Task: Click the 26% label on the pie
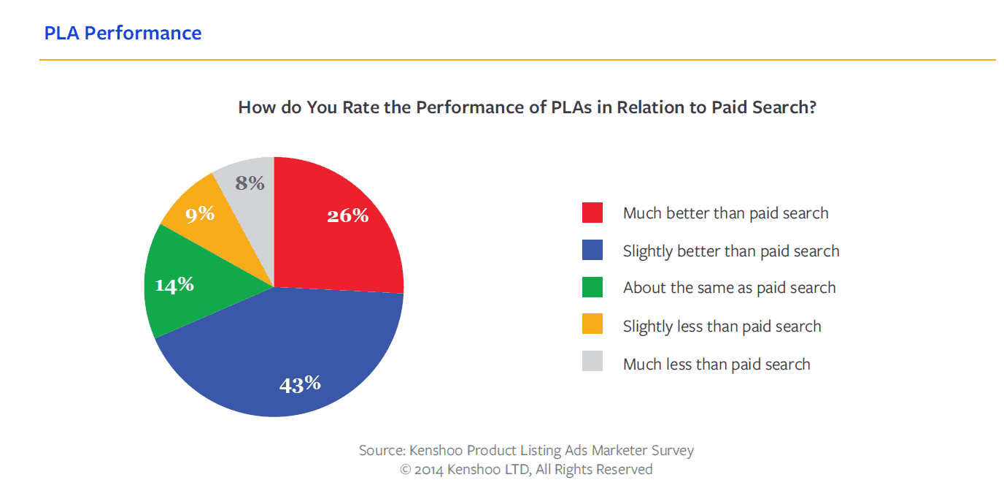click(347, 215)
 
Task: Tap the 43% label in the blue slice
click(300, 384)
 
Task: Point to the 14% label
click(174, 285)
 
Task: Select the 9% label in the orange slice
click(200, 213)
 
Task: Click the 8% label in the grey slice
click(250, 183)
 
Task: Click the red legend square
click(592, 213)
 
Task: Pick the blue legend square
click(592, 251)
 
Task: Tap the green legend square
click(592, 288)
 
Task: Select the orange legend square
click(592, 326)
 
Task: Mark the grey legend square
click(592, 364)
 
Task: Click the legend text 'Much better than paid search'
click(725, 213)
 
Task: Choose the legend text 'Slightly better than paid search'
click(731, 251)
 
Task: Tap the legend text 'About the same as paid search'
click(729, 288)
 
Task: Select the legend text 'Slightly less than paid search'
click(722, 327)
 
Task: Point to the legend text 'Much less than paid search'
click(717, 365)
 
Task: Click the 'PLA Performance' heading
click(123, 33)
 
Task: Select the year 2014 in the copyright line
click(429, 470)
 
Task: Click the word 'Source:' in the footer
click(382, 451)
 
